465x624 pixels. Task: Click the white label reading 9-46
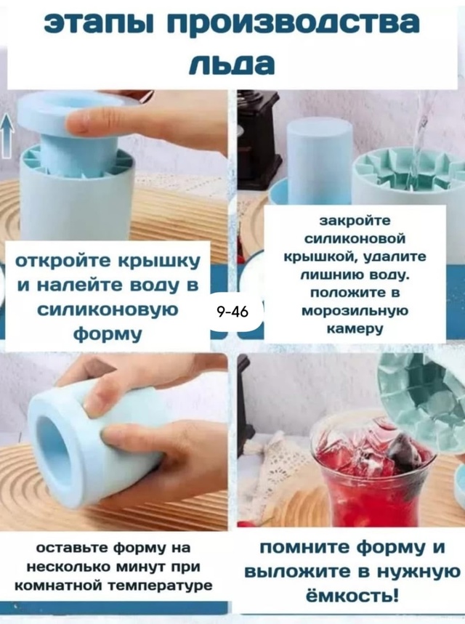coord(232,312)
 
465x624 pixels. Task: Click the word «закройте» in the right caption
coord(355,220)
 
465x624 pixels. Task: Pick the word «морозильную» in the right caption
coord(355,310)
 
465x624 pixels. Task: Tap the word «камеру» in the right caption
coord(355,328)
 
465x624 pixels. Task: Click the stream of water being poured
coord(417,145)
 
